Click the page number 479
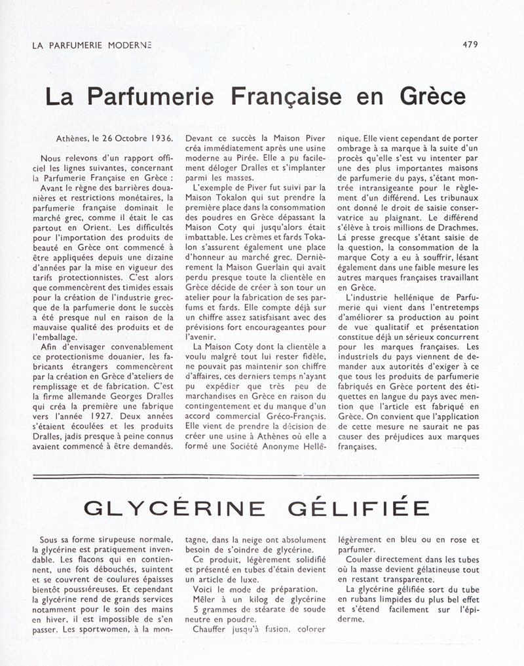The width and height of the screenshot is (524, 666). coord(470,45)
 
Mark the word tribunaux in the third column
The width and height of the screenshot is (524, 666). coord(455,197)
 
